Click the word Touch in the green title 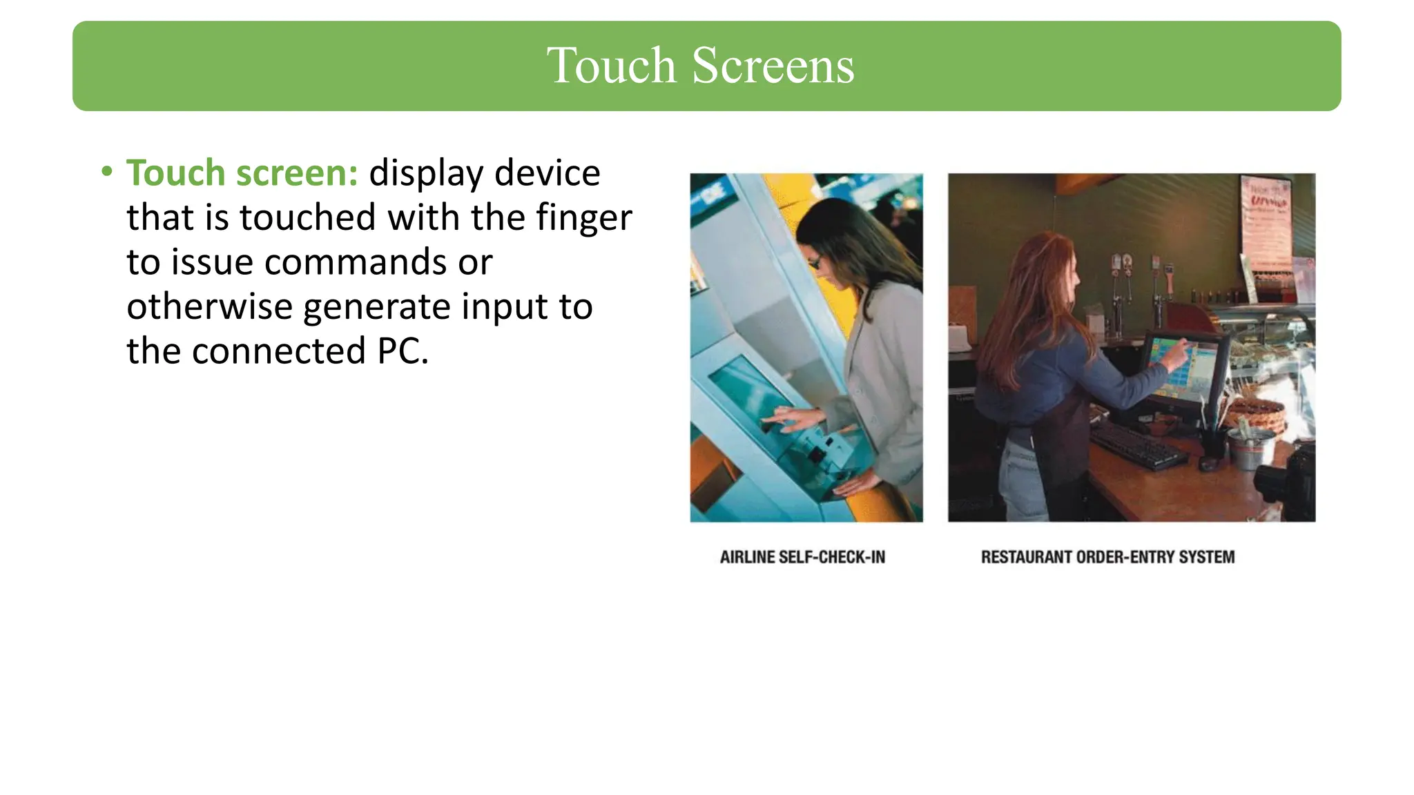coord(610,66)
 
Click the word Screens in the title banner coord(773,66)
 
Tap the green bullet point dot coord(106,171)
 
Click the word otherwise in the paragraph coord(210,306)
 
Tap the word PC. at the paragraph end coord(403,351)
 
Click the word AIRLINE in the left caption coord(746,557)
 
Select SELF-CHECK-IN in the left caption coord(831,557)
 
